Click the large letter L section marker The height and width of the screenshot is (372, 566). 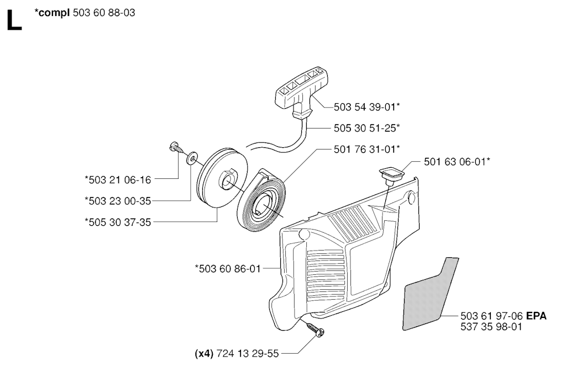tap(14, 20)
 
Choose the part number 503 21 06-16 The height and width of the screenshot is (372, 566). tap(118, 179)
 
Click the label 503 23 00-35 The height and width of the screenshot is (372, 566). tap(118, 201)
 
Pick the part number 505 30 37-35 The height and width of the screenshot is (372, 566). tap(118, 222)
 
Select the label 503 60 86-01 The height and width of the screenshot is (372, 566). tap(228, 269)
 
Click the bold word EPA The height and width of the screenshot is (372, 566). tap(536, 316)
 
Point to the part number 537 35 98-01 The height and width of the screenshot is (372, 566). tap(491, 327)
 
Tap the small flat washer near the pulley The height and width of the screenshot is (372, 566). tap(192, 158)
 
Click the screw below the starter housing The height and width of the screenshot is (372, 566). tap(315, 330)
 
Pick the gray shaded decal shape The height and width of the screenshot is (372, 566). tap(430, 294)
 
